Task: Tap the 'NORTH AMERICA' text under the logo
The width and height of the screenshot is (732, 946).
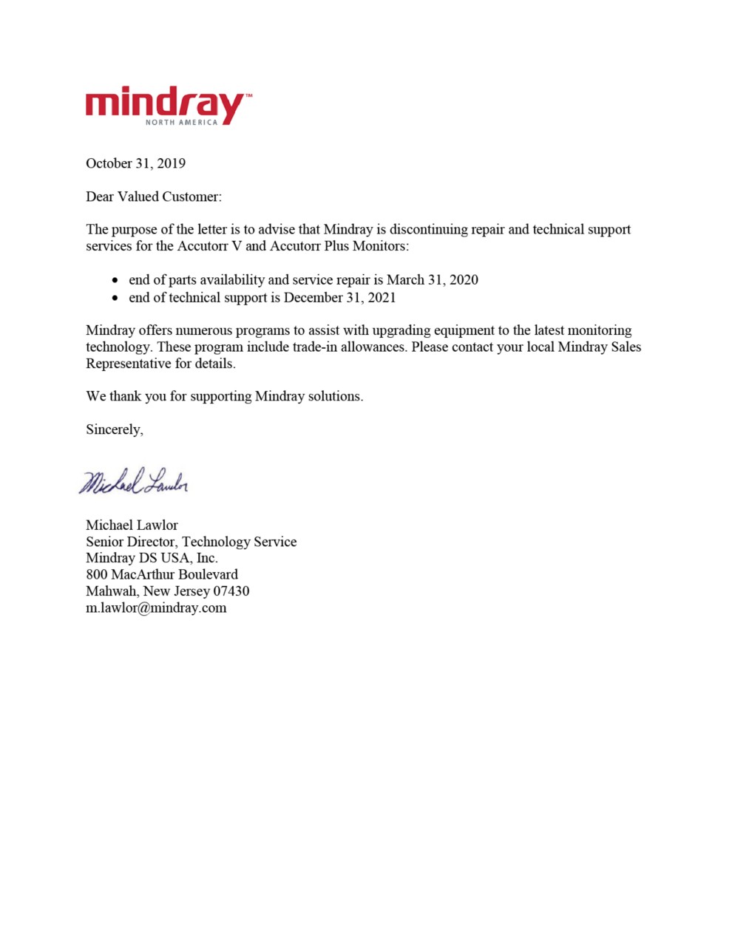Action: (x=181, y=122)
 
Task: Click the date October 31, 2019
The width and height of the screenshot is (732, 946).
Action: (x=135, y=163)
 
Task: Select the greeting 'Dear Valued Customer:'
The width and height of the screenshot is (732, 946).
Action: (x=154, y=197)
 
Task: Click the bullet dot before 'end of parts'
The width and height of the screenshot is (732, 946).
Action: (x=115, y=281)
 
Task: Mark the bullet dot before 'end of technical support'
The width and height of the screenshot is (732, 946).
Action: (x=115, y=299)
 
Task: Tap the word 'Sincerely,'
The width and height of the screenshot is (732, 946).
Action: (x=115, y=429)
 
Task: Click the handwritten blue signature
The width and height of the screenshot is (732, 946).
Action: (x=134, y=482)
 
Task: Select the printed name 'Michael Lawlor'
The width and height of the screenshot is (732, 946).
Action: (x=132, y=525)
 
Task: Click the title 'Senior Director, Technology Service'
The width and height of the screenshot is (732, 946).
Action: (x=191, y=542)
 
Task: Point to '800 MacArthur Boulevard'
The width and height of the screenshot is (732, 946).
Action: (x=162, y=574)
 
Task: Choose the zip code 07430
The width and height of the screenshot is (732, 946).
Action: (x=231, y=591)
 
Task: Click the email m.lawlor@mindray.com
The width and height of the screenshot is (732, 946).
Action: (x=156, y=608)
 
